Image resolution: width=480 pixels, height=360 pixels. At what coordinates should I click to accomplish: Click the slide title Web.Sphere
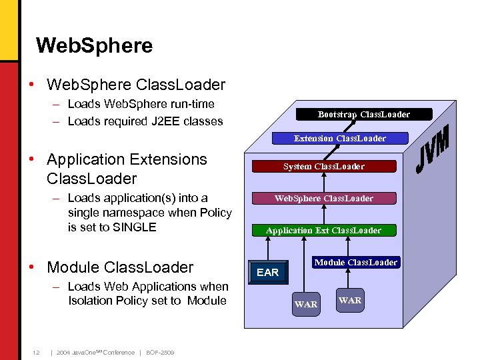point(94,45)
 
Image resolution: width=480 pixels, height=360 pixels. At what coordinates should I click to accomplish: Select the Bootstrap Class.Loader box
point(363,114)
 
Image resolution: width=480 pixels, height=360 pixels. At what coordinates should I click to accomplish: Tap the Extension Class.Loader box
point(340,138)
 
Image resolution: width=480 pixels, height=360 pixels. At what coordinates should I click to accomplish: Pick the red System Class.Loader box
point(323,166)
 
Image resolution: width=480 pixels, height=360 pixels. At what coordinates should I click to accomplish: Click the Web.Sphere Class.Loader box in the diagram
point(323,198)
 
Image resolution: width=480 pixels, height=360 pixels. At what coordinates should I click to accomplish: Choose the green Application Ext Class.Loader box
point(323,230)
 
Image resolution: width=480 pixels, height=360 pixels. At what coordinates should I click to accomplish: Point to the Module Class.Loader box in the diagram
point(357,262)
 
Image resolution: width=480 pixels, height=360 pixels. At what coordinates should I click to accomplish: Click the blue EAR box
point(267,272)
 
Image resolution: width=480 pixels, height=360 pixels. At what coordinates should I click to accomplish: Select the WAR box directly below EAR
point(306,304)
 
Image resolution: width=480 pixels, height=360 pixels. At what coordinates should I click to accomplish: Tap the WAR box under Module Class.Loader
point(350,300)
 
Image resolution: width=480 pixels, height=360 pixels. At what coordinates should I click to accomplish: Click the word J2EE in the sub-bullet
point(158,121)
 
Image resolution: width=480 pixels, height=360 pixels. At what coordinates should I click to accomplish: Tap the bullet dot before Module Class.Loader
point(33,267)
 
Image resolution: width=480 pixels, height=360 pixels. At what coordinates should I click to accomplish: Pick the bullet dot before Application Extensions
point(33,160)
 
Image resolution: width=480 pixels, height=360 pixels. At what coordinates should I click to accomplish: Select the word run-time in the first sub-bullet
point(191,104)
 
